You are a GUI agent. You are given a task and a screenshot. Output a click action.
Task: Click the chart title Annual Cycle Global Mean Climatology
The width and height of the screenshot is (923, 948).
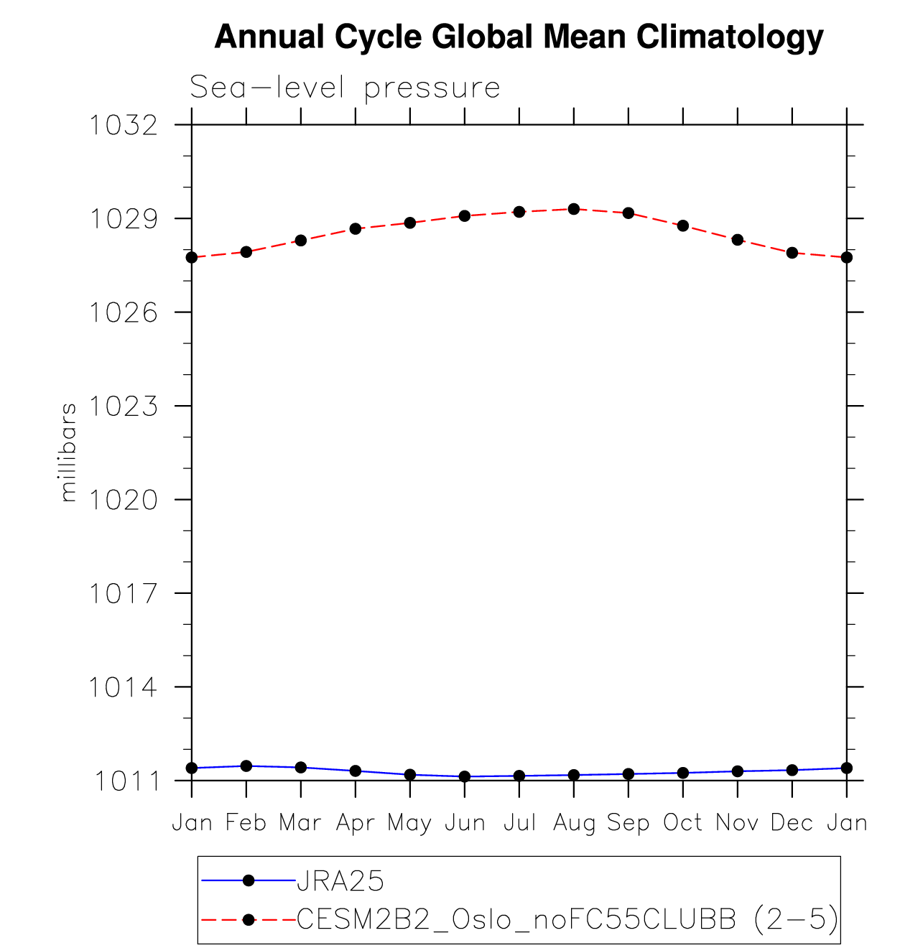click(519, 37)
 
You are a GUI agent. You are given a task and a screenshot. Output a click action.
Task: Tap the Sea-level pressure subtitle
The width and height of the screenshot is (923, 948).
click(345, 88)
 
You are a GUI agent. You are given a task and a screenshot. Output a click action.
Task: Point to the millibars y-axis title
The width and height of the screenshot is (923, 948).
click(68, 452)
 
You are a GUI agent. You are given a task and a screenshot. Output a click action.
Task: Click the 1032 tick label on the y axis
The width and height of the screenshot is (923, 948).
click(123, 126)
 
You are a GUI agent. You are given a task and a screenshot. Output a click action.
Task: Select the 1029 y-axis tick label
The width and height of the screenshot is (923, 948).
click(123, 219)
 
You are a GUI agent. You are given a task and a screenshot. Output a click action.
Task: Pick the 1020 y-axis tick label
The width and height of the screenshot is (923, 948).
click(123, 500)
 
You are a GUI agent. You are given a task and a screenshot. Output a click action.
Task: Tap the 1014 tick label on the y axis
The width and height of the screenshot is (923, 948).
click(123, 687)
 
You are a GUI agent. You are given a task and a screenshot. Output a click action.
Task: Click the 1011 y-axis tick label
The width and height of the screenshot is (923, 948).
click(126, 781)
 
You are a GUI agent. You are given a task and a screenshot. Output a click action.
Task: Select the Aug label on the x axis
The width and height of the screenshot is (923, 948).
click(574, 823)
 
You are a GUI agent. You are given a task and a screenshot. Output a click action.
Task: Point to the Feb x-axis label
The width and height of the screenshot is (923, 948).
click(246, 822)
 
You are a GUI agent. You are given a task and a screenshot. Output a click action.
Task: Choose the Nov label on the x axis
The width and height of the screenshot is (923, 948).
click(737, 822)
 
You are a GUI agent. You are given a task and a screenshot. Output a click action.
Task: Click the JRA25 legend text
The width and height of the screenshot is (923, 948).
click(340, 880)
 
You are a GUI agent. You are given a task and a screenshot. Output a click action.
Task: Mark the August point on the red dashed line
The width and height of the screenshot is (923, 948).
click(574, 209)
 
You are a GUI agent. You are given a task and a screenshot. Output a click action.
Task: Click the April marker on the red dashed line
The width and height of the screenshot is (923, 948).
click(356, 228)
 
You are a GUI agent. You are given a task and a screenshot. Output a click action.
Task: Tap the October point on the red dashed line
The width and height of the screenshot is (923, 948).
click(683, 226)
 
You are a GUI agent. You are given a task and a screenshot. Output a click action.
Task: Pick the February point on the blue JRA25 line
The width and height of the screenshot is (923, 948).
click(246, 766)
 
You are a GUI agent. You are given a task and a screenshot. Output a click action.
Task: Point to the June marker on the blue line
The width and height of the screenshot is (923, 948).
click(465, 776)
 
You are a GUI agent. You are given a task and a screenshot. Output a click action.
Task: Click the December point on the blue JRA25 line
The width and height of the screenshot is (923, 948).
click(792, 770)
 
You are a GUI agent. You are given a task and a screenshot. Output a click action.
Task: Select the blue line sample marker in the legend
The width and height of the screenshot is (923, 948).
click(249, 880)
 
